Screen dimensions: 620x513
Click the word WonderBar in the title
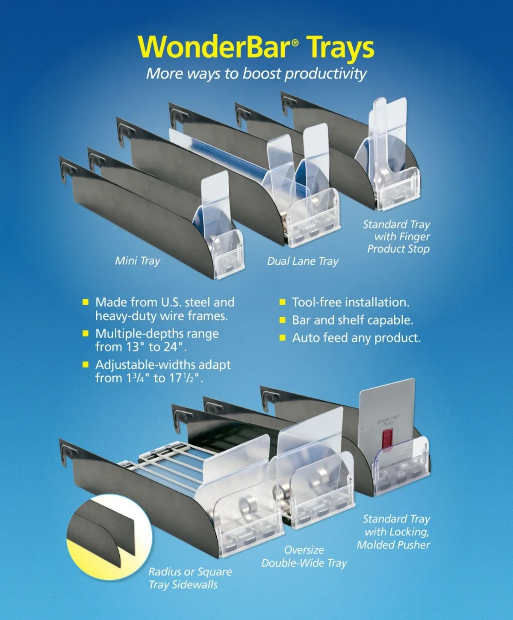pos(214,47)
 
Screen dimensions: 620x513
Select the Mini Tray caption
pos(138,260)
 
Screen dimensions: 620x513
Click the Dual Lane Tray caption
pos(303,261)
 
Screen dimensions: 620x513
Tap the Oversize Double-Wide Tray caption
pos(304,556)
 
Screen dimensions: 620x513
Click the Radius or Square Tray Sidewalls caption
pos(190,578)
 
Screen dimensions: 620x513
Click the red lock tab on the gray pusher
pos(386,438)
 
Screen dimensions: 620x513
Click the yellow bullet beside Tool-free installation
pos(282,302)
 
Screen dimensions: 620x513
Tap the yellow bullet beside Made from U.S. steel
pos(85,302)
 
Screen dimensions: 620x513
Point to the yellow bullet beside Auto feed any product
pos(282,338)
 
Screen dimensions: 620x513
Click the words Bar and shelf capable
pos(352,320)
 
